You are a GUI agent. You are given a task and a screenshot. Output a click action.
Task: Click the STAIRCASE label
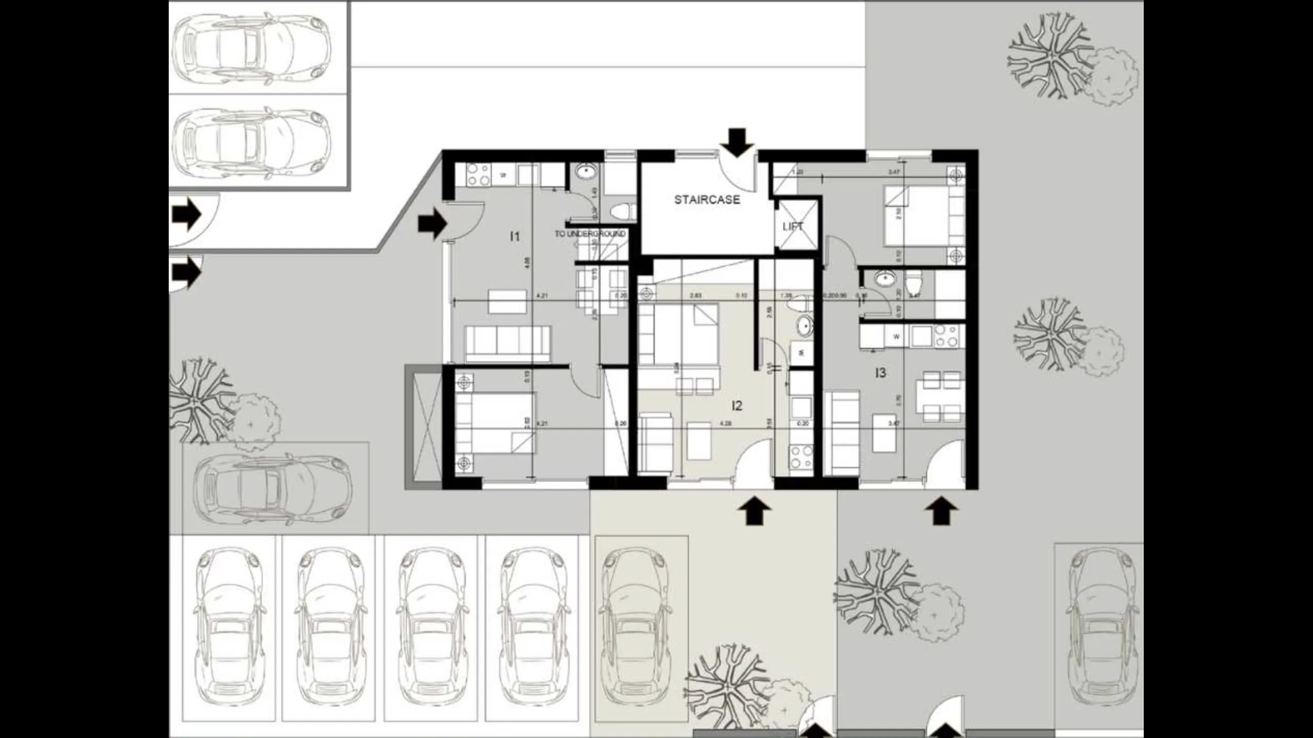[707, 200]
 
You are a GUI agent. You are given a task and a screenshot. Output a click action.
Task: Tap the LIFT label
[792, 227]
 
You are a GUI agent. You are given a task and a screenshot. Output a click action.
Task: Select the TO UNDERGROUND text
[590, 234]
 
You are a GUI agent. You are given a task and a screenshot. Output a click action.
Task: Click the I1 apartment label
[514, 236]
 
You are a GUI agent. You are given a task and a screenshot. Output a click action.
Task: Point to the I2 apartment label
[737, 406]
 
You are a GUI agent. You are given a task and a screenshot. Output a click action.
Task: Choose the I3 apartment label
[880, 373]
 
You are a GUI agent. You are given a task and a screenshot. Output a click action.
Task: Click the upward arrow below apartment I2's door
[754, 512]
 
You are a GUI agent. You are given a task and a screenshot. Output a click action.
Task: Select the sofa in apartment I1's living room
[507, 343]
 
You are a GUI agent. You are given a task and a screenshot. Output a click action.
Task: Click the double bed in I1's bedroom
[495, 423]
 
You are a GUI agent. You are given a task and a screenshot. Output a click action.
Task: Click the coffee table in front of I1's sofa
[507, 301]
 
